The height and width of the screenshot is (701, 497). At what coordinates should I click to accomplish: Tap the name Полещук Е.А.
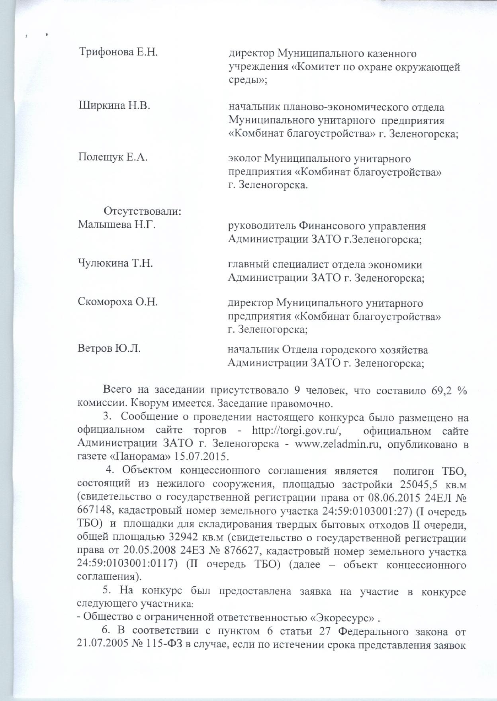(113, 157)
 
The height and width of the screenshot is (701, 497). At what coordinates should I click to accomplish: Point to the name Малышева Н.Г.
(116, 225)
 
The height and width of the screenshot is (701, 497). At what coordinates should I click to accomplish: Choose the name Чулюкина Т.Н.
(115, 263)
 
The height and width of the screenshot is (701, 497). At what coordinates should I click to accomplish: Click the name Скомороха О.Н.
(117, 302)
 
